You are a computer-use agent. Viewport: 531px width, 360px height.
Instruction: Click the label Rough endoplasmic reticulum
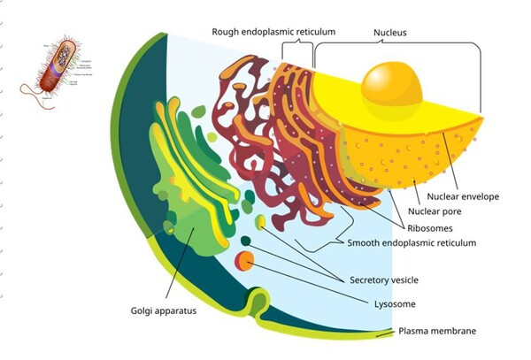coord(273,32)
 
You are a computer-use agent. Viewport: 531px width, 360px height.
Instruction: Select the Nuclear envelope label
coord(464,196)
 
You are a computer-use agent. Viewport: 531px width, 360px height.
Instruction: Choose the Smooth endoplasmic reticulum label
coord(412,242)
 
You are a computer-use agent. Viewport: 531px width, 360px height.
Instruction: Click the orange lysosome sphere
coord(244,261)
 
